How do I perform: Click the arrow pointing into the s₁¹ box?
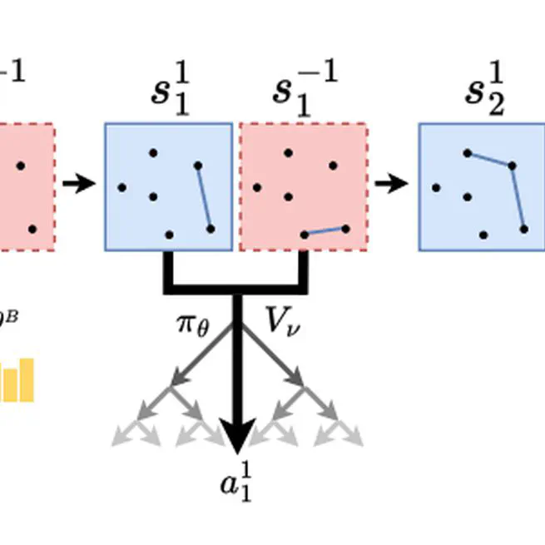(80, 183)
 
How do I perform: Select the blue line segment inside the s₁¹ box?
(203, 196)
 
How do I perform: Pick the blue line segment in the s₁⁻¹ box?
(325, 231)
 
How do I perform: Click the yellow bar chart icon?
(17, 381)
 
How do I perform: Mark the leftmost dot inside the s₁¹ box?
(122, 188)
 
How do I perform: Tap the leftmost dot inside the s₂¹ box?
(436, 188)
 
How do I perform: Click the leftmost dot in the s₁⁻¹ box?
(257, 188)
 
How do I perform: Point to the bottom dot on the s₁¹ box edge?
(169, 235)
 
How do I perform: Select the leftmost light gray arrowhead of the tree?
(121, 436)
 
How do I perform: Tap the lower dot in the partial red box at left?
(32, 228)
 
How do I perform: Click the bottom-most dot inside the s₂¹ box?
(483, 235)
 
